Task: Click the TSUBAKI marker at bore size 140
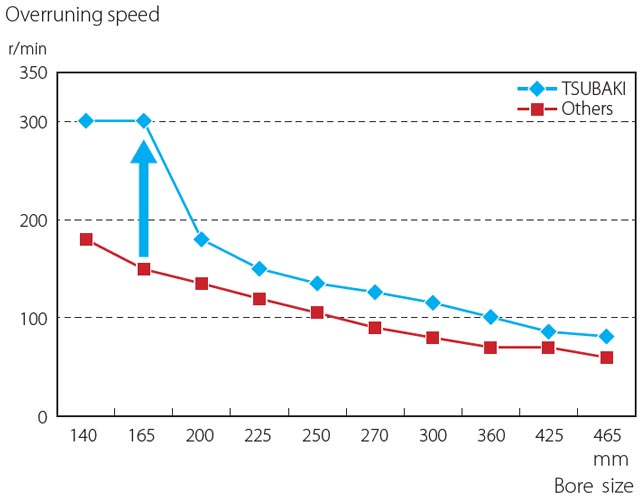[x=86, y=121]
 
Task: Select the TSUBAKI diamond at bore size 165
[x=144, y=121]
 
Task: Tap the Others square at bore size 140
[x=86, y=240]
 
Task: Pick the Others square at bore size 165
[x=144, y=269]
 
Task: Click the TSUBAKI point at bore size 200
[x=201, y=240]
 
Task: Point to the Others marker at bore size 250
[x=317, y=313]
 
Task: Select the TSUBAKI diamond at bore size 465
[x=606, y=337]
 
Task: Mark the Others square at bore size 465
[x=606, y=358]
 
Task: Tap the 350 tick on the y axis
[x=33, y=73]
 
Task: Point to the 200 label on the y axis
[x=33, y=220]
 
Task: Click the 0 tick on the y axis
[x=42, y=416]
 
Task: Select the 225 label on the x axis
[x=259, y=436]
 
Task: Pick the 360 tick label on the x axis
[x=490, y=436]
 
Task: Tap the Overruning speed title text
[x=82, y=15]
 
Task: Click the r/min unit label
[x=27, y=47]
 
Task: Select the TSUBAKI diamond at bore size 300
[x=432, y=303]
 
